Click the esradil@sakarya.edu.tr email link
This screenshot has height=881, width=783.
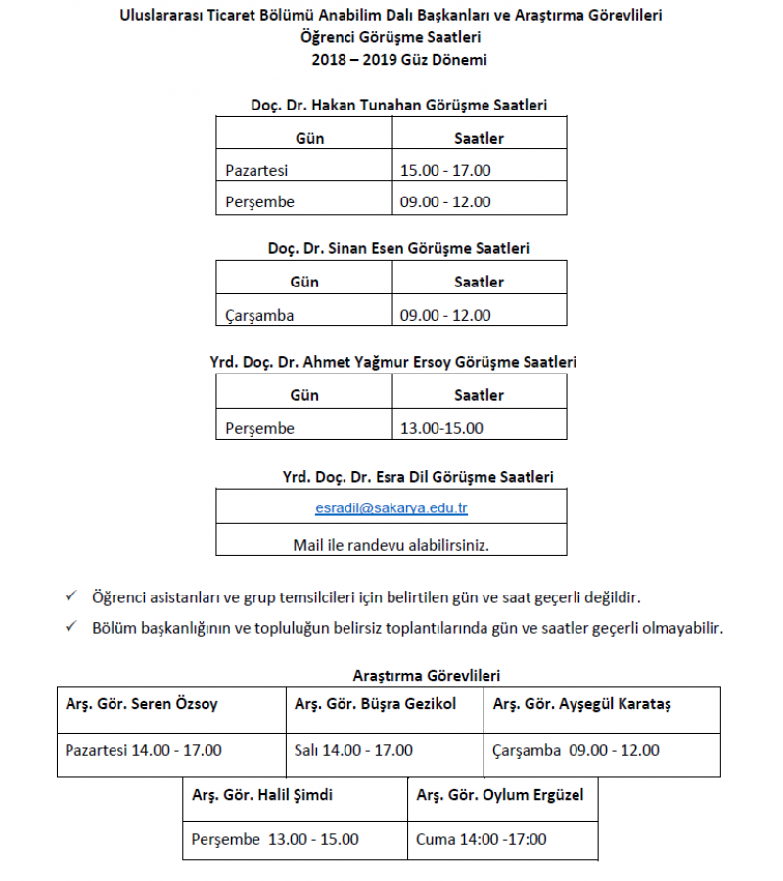tap(391, 508)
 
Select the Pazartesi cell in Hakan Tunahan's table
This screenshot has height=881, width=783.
tap(256, 170)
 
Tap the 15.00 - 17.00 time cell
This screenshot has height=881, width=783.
tap(445, 170)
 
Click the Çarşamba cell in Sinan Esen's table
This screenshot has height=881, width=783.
tap(259, 315)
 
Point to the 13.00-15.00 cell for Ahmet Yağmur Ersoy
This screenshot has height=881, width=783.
tap(441, 428)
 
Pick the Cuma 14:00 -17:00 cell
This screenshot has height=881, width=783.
tap(482, 839)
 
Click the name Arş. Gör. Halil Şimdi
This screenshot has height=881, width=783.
tap(262, 795)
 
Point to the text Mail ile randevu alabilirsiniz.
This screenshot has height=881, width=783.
tap(391, 545)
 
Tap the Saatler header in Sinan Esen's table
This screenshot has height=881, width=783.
tap(479, 282)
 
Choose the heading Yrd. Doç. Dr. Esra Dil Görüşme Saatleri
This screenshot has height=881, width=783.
tap(418, 477)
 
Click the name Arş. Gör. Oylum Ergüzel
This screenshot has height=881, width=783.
tap(500, 795)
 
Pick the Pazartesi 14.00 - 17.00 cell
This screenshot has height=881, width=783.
tap(143, 750)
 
